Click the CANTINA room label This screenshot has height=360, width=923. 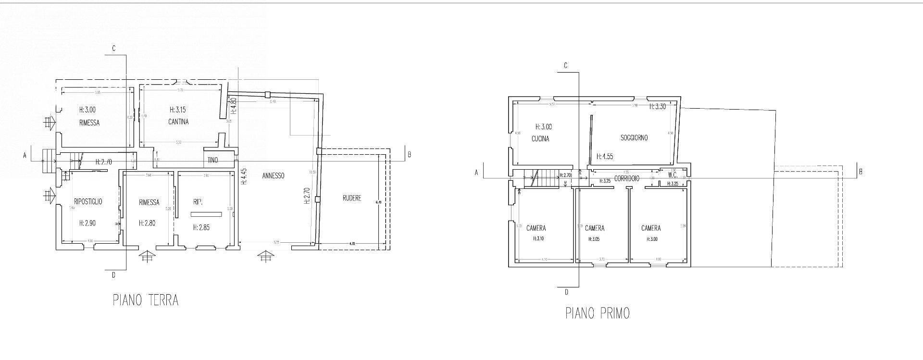coord(178,122)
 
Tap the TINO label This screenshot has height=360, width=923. coord(212,160)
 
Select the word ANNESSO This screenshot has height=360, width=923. coord(273,176)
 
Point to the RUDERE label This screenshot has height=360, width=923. coord(352,198)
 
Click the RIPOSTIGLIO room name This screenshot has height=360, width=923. coord(88,202)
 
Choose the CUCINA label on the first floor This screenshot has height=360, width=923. coord(540,139)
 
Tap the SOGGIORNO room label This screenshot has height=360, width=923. coord(634,138)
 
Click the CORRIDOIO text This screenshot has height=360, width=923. coord(626,179)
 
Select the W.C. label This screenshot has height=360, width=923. coord(673,175)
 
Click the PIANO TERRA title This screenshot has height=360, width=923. coord(146,300)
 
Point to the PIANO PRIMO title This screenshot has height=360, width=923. coord(597,313)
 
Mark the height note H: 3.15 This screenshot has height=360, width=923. coord(178,110)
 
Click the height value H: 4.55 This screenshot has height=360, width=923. coord(604,156)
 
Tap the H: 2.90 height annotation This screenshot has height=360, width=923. coord(87,223)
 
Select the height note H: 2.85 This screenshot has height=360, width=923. coord(201,227)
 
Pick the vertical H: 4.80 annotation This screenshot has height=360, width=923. coord(233,105)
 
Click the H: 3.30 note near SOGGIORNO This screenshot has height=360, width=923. coord(657,107)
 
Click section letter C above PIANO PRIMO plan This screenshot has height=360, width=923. coord(566,65)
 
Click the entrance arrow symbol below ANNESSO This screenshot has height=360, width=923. coord(264,257)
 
